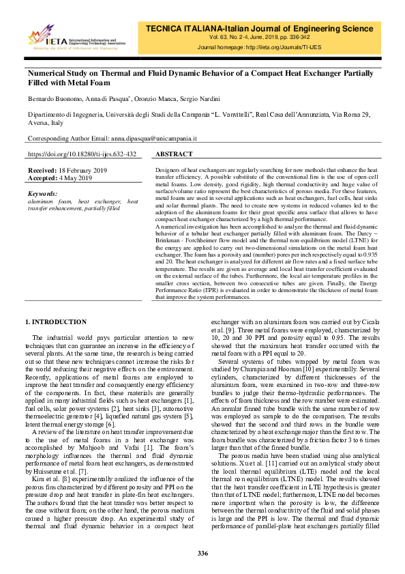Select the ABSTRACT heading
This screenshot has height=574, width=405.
pyautogui.click(x=175, y=155)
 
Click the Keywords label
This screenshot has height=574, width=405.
pyautogui.click(x=44, y=194)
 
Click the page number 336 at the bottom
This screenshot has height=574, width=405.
pyautogui.click(x=202, y=553)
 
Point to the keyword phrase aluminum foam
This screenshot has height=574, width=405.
pyautogui.click(x=47, y=202)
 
